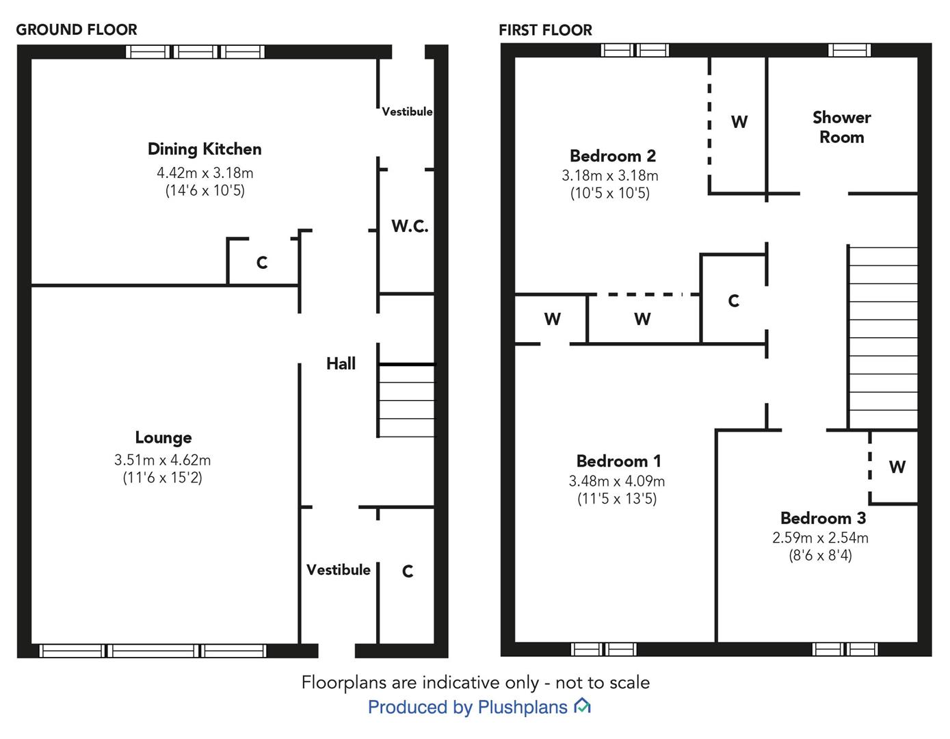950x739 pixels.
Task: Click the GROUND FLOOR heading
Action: tap(77, 29)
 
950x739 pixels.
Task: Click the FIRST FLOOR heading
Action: tap(545, 30)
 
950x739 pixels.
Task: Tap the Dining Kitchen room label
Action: tap(204, 149)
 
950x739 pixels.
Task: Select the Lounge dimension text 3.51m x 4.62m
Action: tap(163, 460)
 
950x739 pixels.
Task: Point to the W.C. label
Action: tap(410, 226)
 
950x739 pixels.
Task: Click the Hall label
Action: tap(341, 363)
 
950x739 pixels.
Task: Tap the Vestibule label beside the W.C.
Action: tap(407, 112)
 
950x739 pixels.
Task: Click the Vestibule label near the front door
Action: tap(338, 570)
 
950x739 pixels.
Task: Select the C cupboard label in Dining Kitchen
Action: tap(261, 263)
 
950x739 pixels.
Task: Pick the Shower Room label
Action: tap(841, 127)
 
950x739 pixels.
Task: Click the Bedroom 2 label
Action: tap(612, 156)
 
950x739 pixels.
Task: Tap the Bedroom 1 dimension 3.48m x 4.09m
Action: tap(616, 481)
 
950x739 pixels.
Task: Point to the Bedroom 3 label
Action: tap(823, 518)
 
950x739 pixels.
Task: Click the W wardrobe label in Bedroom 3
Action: tap(897, 467)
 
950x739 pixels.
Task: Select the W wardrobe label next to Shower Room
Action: tap(739, 122)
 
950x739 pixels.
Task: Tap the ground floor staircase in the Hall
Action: tap(406, 400)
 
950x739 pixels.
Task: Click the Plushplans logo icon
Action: tap(582, 706)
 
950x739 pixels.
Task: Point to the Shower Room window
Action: tap(849, 50)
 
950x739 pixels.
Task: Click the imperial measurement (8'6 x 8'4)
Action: tap(820, 556)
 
